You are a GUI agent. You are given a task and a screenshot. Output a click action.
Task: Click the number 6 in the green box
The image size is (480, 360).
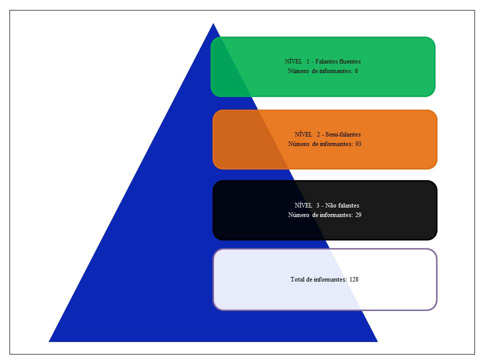356,71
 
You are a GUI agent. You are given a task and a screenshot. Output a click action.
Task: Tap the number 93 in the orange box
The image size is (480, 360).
358,144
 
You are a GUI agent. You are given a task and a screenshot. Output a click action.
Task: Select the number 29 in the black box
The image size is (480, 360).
358,215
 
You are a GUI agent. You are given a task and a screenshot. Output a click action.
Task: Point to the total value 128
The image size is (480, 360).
353,279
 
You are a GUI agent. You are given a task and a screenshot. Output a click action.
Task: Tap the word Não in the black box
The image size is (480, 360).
330,205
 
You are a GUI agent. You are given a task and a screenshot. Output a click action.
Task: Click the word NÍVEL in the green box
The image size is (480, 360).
293,61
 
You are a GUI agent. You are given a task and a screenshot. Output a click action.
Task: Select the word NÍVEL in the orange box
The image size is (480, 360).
303,134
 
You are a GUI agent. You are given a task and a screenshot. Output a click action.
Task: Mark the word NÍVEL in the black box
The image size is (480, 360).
303,205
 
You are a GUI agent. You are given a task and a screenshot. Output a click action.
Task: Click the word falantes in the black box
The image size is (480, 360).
348,205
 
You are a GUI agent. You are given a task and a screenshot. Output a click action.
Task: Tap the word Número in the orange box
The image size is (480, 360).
298,144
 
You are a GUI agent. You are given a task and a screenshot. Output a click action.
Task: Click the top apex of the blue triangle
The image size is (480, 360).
213,23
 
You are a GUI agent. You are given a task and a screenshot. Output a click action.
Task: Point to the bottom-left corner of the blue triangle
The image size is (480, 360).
49,341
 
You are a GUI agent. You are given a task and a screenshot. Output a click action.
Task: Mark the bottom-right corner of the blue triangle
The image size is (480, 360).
377,341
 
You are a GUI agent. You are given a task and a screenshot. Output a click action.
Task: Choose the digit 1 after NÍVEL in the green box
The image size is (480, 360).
308,61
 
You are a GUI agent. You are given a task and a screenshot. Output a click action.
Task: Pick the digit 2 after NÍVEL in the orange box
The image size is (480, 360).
318,134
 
